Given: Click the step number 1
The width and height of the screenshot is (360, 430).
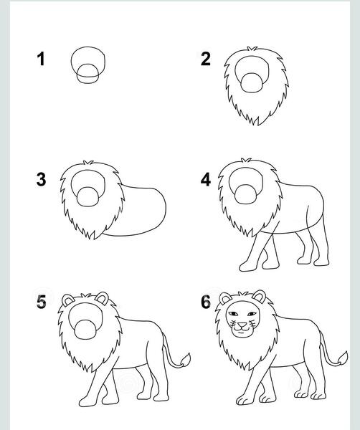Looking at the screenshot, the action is point(41,59).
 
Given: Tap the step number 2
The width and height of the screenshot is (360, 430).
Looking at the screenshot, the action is point(206,59).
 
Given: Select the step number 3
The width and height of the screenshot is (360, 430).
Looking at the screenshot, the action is point(41,180).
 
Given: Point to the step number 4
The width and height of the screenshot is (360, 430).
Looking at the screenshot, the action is point(206,180).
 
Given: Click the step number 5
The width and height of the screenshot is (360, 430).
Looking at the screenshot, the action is point(42,302).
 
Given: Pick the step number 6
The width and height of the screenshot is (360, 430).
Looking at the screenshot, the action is point(206,302).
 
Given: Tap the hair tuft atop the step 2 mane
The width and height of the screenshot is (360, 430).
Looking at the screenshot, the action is point(252,49).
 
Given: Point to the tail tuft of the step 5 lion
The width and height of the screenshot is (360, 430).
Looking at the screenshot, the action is point(185,360).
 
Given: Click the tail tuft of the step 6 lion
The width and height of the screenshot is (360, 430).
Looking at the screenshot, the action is point(343,358).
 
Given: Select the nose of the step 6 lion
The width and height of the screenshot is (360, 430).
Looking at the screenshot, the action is point(242,325).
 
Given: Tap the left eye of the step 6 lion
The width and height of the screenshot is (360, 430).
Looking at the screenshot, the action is point(233,314).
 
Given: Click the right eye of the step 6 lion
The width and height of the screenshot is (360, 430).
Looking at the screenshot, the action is point(252,314).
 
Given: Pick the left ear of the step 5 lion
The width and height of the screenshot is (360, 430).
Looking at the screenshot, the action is point(67,300).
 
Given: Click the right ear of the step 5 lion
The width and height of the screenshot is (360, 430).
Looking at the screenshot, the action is point(103,298).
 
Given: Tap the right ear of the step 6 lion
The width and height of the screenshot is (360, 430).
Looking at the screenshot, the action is point(259,297).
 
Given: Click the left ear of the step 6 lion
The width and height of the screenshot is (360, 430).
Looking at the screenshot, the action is point(225,298).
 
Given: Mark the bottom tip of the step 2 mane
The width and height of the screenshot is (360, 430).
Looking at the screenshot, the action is point(257,125).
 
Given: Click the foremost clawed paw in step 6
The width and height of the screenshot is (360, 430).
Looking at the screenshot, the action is point(245,401).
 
